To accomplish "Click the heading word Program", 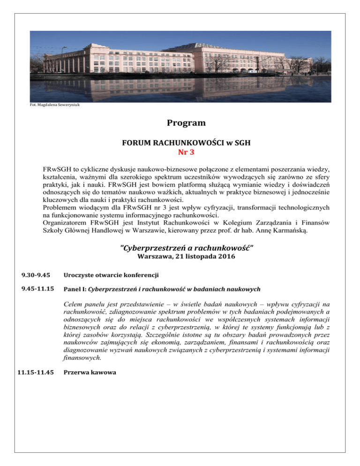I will [180, 123].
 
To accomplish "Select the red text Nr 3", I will [180, 152].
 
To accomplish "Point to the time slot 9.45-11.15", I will [36, 289].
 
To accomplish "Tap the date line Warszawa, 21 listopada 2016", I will [180, 256].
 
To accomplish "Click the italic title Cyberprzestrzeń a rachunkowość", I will [180, 247].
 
